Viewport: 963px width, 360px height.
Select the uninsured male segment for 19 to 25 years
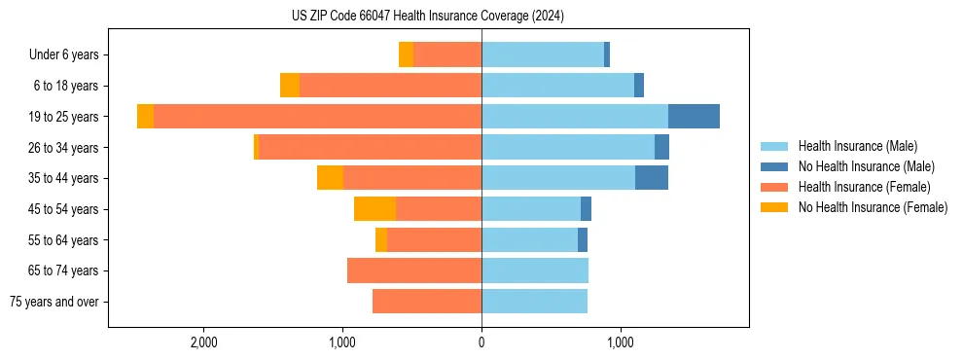point(694,116)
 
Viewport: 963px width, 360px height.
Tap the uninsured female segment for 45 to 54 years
point(374,208)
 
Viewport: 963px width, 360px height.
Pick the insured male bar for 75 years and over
point(534,302)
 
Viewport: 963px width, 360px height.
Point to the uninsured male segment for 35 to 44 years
point(652,178)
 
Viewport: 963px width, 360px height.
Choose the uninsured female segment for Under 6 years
point(406,54)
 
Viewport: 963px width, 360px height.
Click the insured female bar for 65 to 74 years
point(414,270)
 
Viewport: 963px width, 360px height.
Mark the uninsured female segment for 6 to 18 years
point(290,86)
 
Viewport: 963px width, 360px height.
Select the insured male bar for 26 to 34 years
point(568,147)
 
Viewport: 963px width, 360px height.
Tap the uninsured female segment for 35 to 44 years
point(330,178)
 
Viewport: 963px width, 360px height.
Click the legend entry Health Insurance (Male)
point(857,146)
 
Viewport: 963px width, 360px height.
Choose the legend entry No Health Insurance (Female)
point(873,207)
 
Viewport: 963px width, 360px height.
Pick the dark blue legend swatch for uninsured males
point(774,166)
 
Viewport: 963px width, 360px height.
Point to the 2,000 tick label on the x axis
point(203,342)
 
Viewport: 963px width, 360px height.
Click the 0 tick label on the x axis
point(481,342)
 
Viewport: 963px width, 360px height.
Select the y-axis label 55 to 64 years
point(65,239)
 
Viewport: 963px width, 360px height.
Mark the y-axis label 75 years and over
point(54,302)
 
